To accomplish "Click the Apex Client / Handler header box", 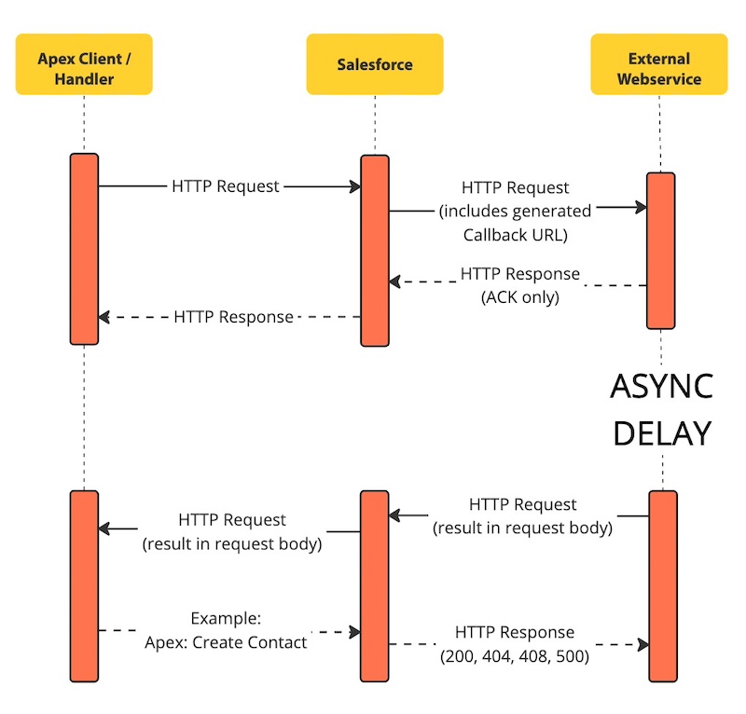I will pyautogui.click(x=83, y=64).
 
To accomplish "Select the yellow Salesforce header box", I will pyautogui.click(x=374, y=64).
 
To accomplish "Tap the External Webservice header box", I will pyautogui.click(x=659, y=64).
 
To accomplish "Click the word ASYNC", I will pyautogui.click(x=661, y=386).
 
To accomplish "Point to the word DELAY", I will pyautogui.click(x=661, y=433).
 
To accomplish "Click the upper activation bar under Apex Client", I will pyautogui.click(x=84, y=249).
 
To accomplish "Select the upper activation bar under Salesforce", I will pyautogui.click(x=375, y=250).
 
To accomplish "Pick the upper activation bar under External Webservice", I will pyautogui.click(x=660, y=250).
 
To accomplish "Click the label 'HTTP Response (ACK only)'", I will pyautogui.click(x=519, y=286).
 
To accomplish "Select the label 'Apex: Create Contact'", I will pyautogui.click(x=227, y=642).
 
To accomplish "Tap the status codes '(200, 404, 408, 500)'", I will pyautogui.click(x=515, y=655).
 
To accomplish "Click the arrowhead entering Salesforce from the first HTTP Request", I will pyautogui.click(x=355, y=187).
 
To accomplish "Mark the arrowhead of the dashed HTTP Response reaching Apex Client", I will pyautogui.click(x=104, y=317).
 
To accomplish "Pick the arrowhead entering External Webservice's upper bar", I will pyautogui.click(x=641, y=207).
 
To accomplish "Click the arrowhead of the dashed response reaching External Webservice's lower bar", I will pyautogui.click(x=642, y=644).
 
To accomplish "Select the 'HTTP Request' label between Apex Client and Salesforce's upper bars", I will pyautogui.click(x=226, y=186).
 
